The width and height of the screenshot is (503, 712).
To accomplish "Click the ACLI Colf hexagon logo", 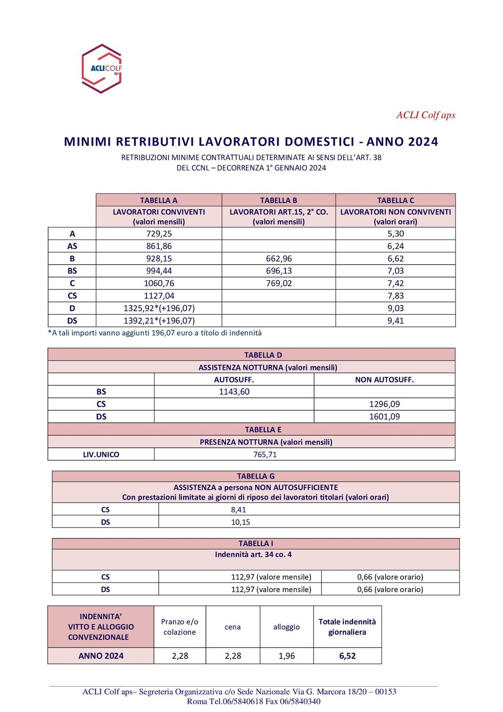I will click(102, 68).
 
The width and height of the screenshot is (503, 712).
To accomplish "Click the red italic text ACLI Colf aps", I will click(426, 115).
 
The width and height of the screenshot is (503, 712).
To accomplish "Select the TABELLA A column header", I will click(159, 200).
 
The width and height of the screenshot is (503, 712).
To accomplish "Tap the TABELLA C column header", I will click(395, 200).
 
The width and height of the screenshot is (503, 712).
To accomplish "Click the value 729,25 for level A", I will click(159, 234).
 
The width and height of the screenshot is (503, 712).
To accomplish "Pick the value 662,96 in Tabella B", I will click(279, 259).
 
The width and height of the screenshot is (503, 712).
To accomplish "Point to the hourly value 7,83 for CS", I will click(395, 296).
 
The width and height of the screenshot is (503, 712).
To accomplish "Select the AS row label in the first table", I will click(72, 246).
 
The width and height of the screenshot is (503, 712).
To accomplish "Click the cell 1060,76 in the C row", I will click(159, 283).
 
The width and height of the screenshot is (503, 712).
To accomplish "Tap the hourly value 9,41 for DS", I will click(395, 321).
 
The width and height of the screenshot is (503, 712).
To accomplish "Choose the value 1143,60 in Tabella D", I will click(234, 392).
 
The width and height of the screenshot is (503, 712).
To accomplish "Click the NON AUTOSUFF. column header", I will click(384, 380).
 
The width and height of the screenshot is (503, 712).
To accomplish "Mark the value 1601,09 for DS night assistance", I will click(384, 417).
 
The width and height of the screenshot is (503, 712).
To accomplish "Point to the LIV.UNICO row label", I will click(101, 454).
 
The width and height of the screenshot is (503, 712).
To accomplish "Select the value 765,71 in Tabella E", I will click(265, 454).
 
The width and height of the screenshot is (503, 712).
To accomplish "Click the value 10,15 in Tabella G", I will click(240, 522).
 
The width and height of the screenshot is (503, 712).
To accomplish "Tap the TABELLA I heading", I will click(256, 543).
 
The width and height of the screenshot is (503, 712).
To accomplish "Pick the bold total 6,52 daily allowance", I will click(347, 656).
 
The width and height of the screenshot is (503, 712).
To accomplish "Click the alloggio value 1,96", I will click(286, 656).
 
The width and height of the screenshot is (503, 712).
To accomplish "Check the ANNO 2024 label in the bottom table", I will click(101, 656).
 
